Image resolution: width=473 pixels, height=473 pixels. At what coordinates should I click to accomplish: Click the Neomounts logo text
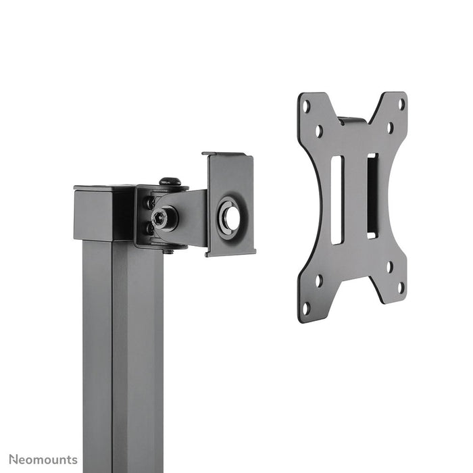point(42,460)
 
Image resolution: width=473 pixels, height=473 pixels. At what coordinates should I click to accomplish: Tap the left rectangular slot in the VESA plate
point(337,200)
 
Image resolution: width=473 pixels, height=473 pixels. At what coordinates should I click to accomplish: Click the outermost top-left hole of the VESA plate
point(306,106)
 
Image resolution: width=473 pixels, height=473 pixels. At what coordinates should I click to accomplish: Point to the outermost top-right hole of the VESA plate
point(401,104)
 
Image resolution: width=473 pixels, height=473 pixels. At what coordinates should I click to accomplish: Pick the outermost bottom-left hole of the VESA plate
point(306,308)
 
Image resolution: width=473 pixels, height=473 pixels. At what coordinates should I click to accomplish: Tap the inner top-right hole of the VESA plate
point(390,126)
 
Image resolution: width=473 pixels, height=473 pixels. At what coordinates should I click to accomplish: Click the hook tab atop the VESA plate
point(352,120)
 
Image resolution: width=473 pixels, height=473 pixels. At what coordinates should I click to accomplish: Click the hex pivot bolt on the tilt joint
point(163,217)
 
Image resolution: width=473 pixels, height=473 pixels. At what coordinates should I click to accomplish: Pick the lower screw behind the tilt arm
point(149,229)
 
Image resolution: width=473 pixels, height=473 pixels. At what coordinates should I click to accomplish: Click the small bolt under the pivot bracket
point(168,251)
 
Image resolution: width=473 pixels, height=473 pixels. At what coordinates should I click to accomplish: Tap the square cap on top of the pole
point(101,213)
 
